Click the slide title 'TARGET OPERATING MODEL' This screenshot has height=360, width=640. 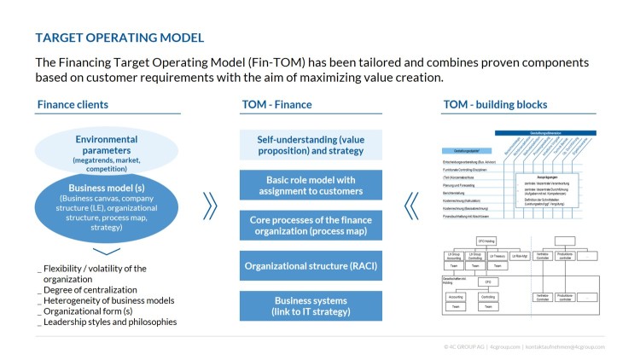tap(119, 38)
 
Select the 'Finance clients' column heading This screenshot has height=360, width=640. tap(73, 105)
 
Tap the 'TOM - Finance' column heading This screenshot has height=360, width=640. tap(277, 105)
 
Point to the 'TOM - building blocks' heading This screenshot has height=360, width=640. tap(494, 105)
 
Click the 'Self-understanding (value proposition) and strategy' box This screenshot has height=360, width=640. tap(311, 145)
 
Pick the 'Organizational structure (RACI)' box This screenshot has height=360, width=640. tap(311, 265)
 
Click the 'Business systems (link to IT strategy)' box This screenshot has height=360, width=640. tap(311, 306)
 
